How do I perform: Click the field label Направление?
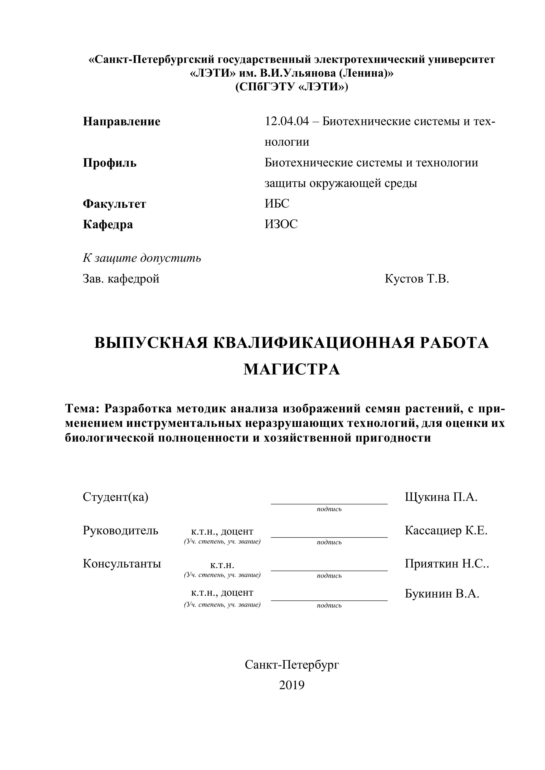(121, 121)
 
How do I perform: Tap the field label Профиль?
(110, 163)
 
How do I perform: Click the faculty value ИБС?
(277, 204)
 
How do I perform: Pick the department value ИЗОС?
(281, 224)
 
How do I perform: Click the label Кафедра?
(108, 224)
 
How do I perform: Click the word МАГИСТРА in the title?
(292, 369)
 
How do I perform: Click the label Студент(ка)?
(115, 497)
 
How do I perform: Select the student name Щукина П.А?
(441, 497)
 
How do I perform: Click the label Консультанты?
(122, 564)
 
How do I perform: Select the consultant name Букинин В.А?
(442, 594)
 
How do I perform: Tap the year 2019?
(292, 685)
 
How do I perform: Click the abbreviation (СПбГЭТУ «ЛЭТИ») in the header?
(292, 87)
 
